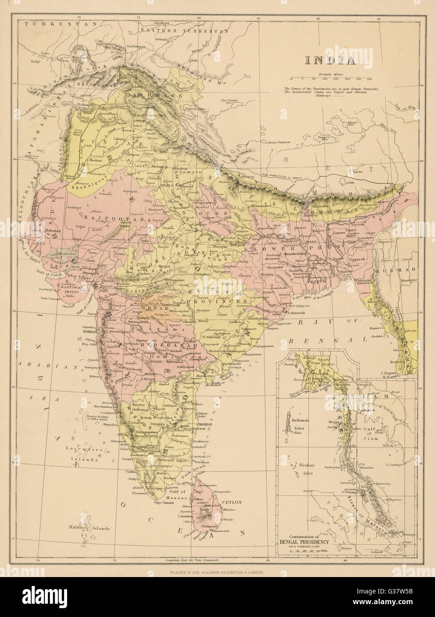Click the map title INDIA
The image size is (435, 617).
pyautogui.click(x=329, y=60)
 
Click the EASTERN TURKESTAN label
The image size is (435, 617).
pyautogui.click(x=184, y=32)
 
